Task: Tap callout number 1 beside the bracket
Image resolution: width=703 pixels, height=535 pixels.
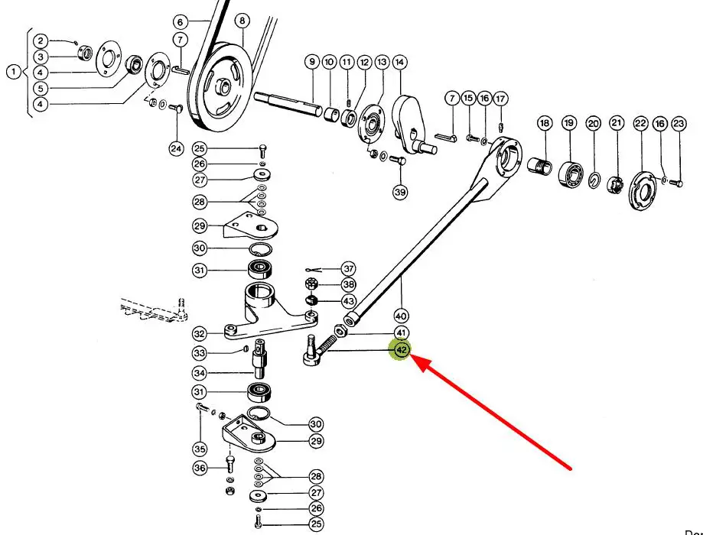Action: tap(14, 73)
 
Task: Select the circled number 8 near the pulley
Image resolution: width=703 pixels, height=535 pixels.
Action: tap(242, 21)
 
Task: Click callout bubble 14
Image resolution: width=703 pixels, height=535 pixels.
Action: tap(399, 61)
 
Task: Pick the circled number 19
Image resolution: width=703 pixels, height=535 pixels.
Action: tap(568, 123)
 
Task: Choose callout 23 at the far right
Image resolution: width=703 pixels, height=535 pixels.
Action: tap(679, 123)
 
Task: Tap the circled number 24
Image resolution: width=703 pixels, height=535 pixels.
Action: tap(177, 148)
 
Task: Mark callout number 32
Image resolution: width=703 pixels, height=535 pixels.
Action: tap(200, 333)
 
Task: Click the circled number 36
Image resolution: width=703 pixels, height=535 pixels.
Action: tap(200, 468)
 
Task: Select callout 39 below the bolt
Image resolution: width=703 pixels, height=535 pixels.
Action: tap(400, 192)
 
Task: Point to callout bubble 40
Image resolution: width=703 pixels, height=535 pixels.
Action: tap(401, 315)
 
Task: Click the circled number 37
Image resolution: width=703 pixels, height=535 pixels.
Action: tap(349, 269)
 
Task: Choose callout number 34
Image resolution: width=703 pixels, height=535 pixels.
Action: tap(200, 373)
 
